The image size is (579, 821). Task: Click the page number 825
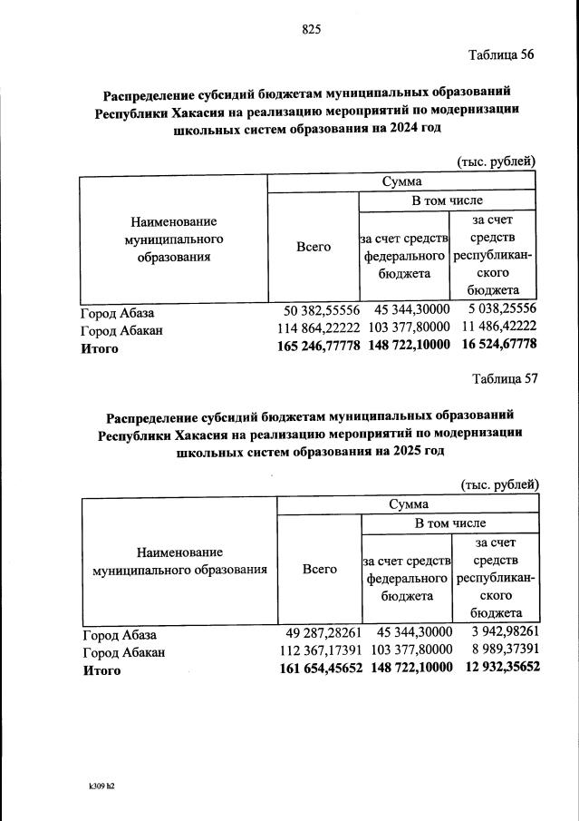point(312,29)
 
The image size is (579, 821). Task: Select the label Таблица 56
point(501,54)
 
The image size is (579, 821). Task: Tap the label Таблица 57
point(505,379)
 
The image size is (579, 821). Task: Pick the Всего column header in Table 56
point(314,247)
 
